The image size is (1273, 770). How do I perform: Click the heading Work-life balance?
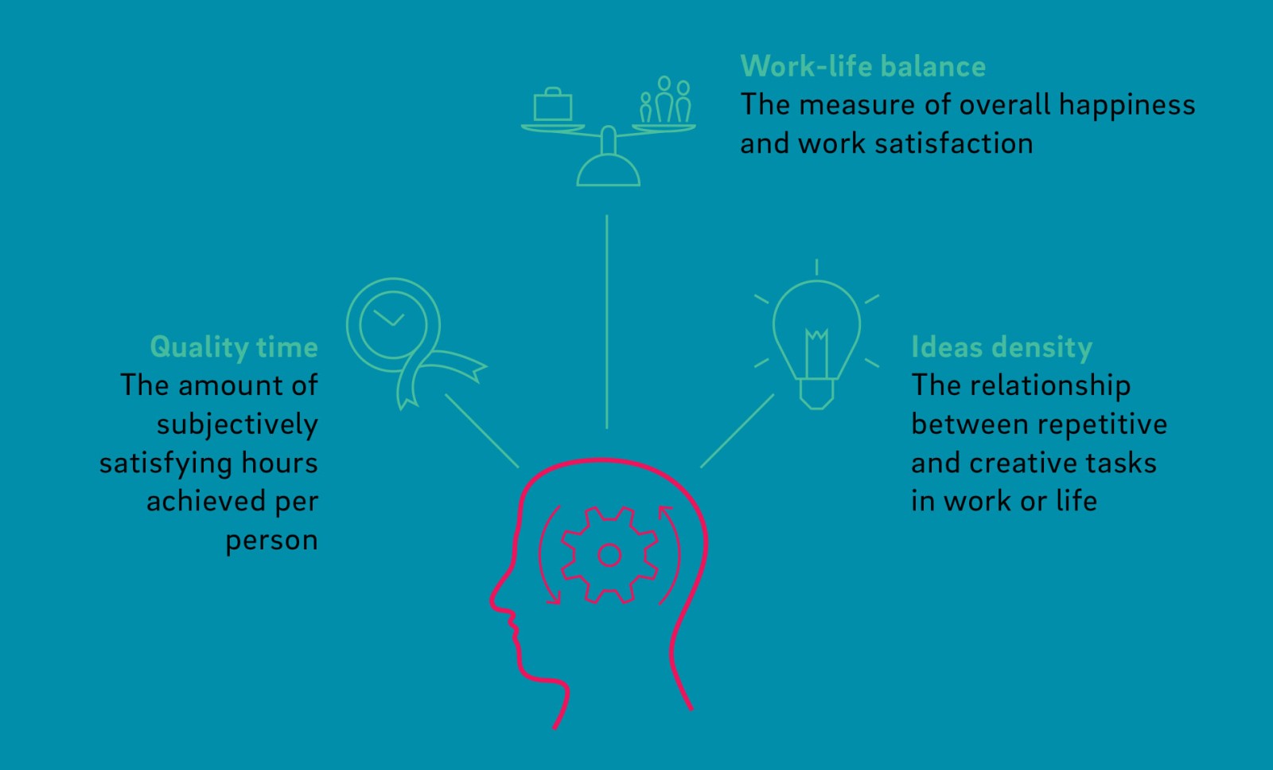[862, 66]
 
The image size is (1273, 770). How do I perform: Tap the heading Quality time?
[234, 347]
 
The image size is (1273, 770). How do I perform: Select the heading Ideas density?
[1001, 347]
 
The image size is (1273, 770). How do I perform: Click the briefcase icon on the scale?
[553, 105]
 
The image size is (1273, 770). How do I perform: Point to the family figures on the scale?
[666, 101]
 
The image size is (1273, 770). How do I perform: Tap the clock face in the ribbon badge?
[392, 323]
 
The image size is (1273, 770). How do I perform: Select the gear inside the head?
[609, 554]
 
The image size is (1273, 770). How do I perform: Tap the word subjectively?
[237, 424]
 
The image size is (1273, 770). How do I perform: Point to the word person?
[271, 541]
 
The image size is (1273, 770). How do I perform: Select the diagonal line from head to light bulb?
[737, 430]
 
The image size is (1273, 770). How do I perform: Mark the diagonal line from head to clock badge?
[481, 430]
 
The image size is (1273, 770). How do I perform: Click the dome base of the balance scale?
[609, 170]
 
